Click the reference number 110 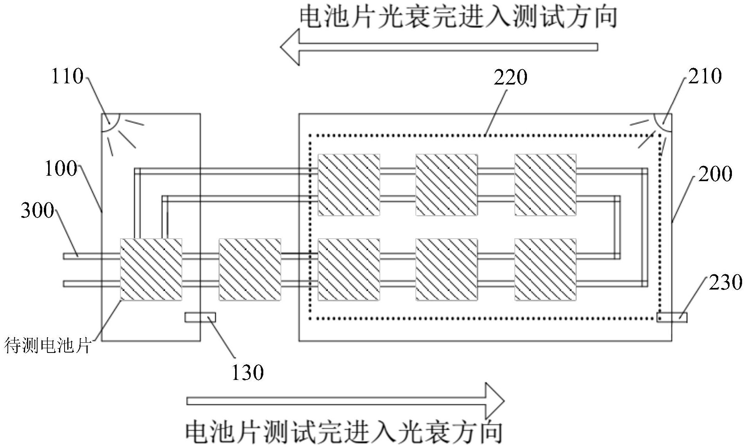(x=67, y=76)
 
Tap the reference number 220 (x=510, y=77)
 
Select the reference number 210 (x=705, y=76)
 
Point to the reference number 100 (x=61, y=169)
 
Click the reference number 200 (x=715, y=174)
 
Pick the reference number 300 (x=38, y=210)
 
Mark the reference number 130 (x=247, y=372)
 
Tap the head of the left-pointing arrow (x=290, y=47)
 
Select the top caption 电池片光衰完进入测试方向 (x=458, y=18)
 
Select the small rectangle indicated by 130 (x=200, y=317)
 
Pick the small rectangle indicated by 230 (x=672, y=317)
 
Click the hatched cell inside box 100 (x=151, y=270)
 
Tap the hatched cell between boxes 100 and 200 (x=250, y=270)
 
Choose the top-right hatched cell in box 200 (x=545, y=185)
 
